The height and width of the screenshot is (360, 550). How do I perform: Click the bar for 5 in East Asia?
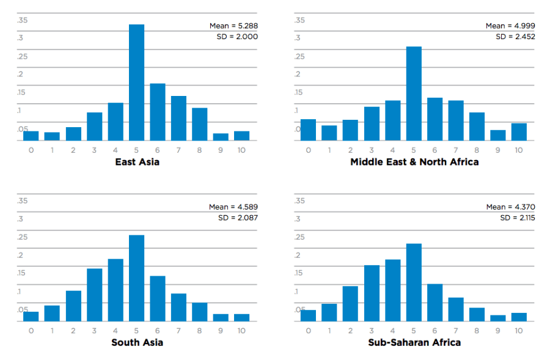coord(136,83)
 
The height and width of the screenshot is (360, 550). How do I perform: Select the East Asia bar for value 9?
coord(221,137)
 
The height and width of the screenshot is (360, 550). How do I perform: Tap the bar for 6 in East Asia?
coord(158,112)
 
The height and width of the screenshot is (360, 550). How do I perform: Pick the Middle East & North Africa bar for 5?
coord(414,94)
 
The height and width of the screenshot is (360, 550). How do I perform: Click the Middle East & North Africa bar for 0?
coord(309,130)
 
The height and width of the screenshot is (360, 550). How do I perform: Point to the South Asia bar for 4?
coord(116,290)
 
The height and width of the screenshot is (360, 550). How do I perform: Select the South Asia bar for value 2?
coord(73,306)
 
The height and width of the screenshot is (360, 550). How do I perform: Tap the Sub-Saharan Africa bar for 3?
coord(372,293)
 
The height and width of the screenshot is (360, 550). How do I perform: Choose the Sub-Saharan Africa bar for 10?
coord(519,317)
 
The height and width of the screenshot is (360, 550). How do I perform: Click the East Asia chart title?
coord(137,162)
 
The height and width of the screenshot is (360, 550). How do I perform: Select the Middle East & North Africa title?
coord(414,162)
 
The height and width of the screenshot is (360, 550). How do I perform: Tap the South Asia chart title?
coord(137,342)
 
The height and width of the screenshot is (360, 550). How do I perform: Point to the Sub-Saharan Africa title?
coord(414,342)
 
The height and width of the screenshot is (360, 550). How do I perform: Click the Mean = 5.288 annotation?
coord(233,26)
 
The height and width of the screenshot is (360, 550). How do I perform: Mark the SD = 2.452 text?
coord(515,37)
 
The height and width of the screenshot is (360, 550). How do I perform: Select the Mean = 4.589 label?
coord(233,207)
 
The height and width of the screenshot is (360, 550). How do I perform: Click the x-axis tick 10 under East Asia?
coord(241,150)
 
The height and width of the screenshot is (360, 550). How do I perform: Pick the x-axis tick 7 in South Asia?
coord(178,331)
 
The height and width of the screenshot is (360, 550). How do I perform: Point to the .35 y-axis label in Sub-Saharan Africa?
coord(299,200)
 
